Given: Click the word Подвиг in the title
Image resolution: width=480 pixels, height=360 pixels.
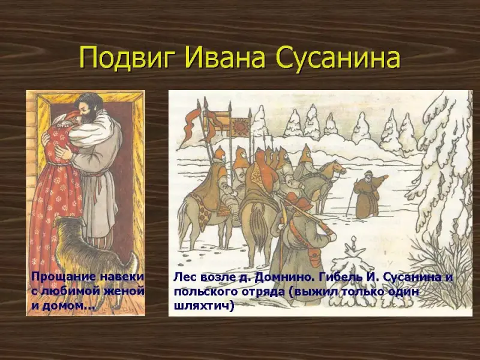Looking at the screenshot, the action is pos(128,58).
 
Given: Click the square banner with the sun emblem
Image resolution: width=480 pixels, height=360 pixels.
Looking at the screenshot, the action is pos(241,127).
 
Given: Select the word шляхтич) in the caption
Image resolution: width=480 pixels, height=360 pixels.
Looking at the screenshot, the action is pos(204,305).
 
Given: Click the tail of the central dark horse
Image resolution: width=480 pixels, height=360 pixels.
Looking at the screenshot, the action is pos(259,227).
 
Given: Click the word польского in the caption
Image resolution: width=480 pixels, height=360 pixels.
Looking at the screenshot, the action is pos(206,292).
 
